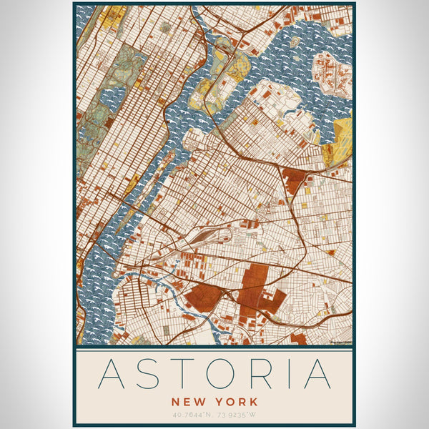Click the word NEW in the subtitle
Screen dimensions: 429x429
coord(188,403)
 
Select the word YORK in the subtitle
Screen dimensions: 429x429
coord(237,403)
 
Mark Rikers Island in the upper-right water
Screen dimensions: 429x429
coord(330,71)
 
